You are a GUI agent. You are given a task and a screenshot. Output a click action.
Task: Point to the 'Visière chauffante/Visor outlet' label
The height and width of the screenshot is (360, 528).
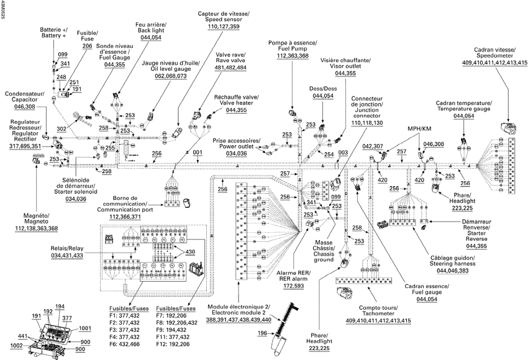345,63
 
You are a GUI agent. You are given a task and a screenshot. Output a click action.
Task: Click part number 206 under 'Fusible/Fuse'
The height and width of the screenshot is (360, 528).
87,46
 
